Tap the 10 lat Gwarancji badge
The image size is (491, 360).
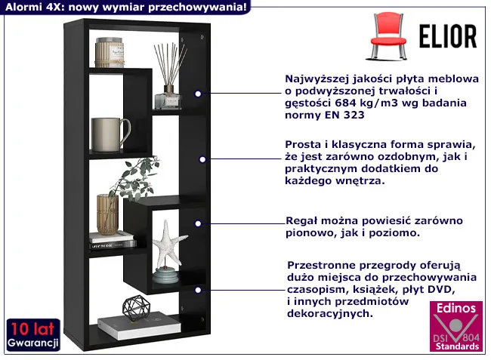32,334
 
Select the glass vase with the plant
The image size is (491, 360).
107,214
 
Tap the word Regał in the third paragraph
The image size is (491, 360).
301,220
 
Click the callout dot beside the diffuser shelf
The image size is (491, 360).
198,94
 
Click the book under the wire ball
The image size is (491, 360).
140,327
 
